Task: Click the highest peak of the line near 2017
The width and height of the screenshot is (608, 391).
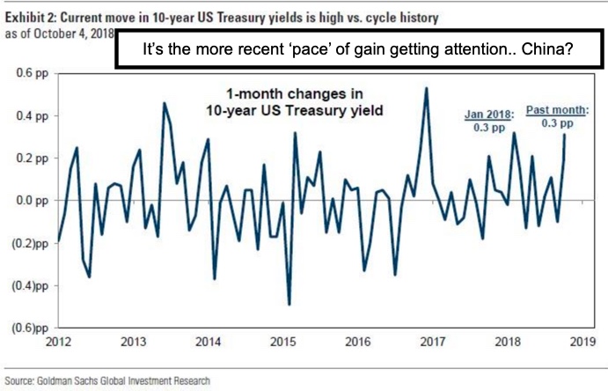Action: coord(427,87)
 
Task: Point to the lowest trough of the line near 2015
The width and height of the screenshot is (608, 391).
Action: coord(289,305)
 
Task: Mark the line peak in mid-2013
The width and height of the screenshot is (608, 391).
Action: coord(164,103)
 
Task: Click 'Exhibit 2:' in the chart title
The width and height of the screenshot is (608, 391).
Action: coord(29,16)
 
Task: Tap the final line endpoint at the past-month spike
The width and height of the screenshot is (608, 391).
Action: coord(563,135)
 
